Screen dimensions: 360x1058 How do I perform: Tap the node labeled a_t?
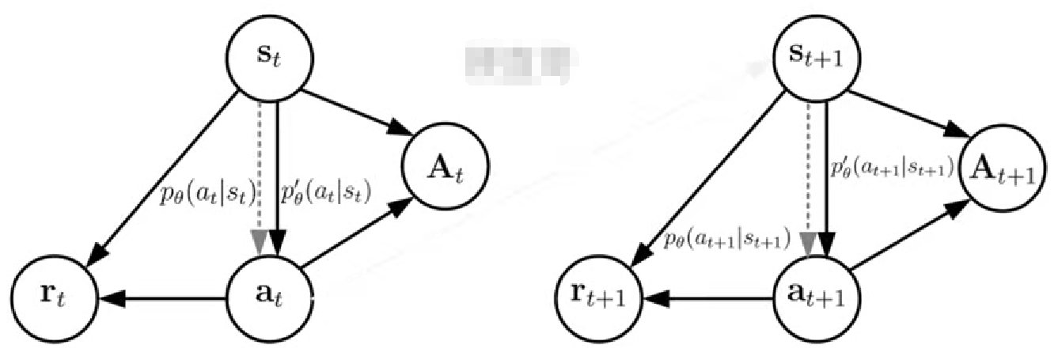coord(268,299)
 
